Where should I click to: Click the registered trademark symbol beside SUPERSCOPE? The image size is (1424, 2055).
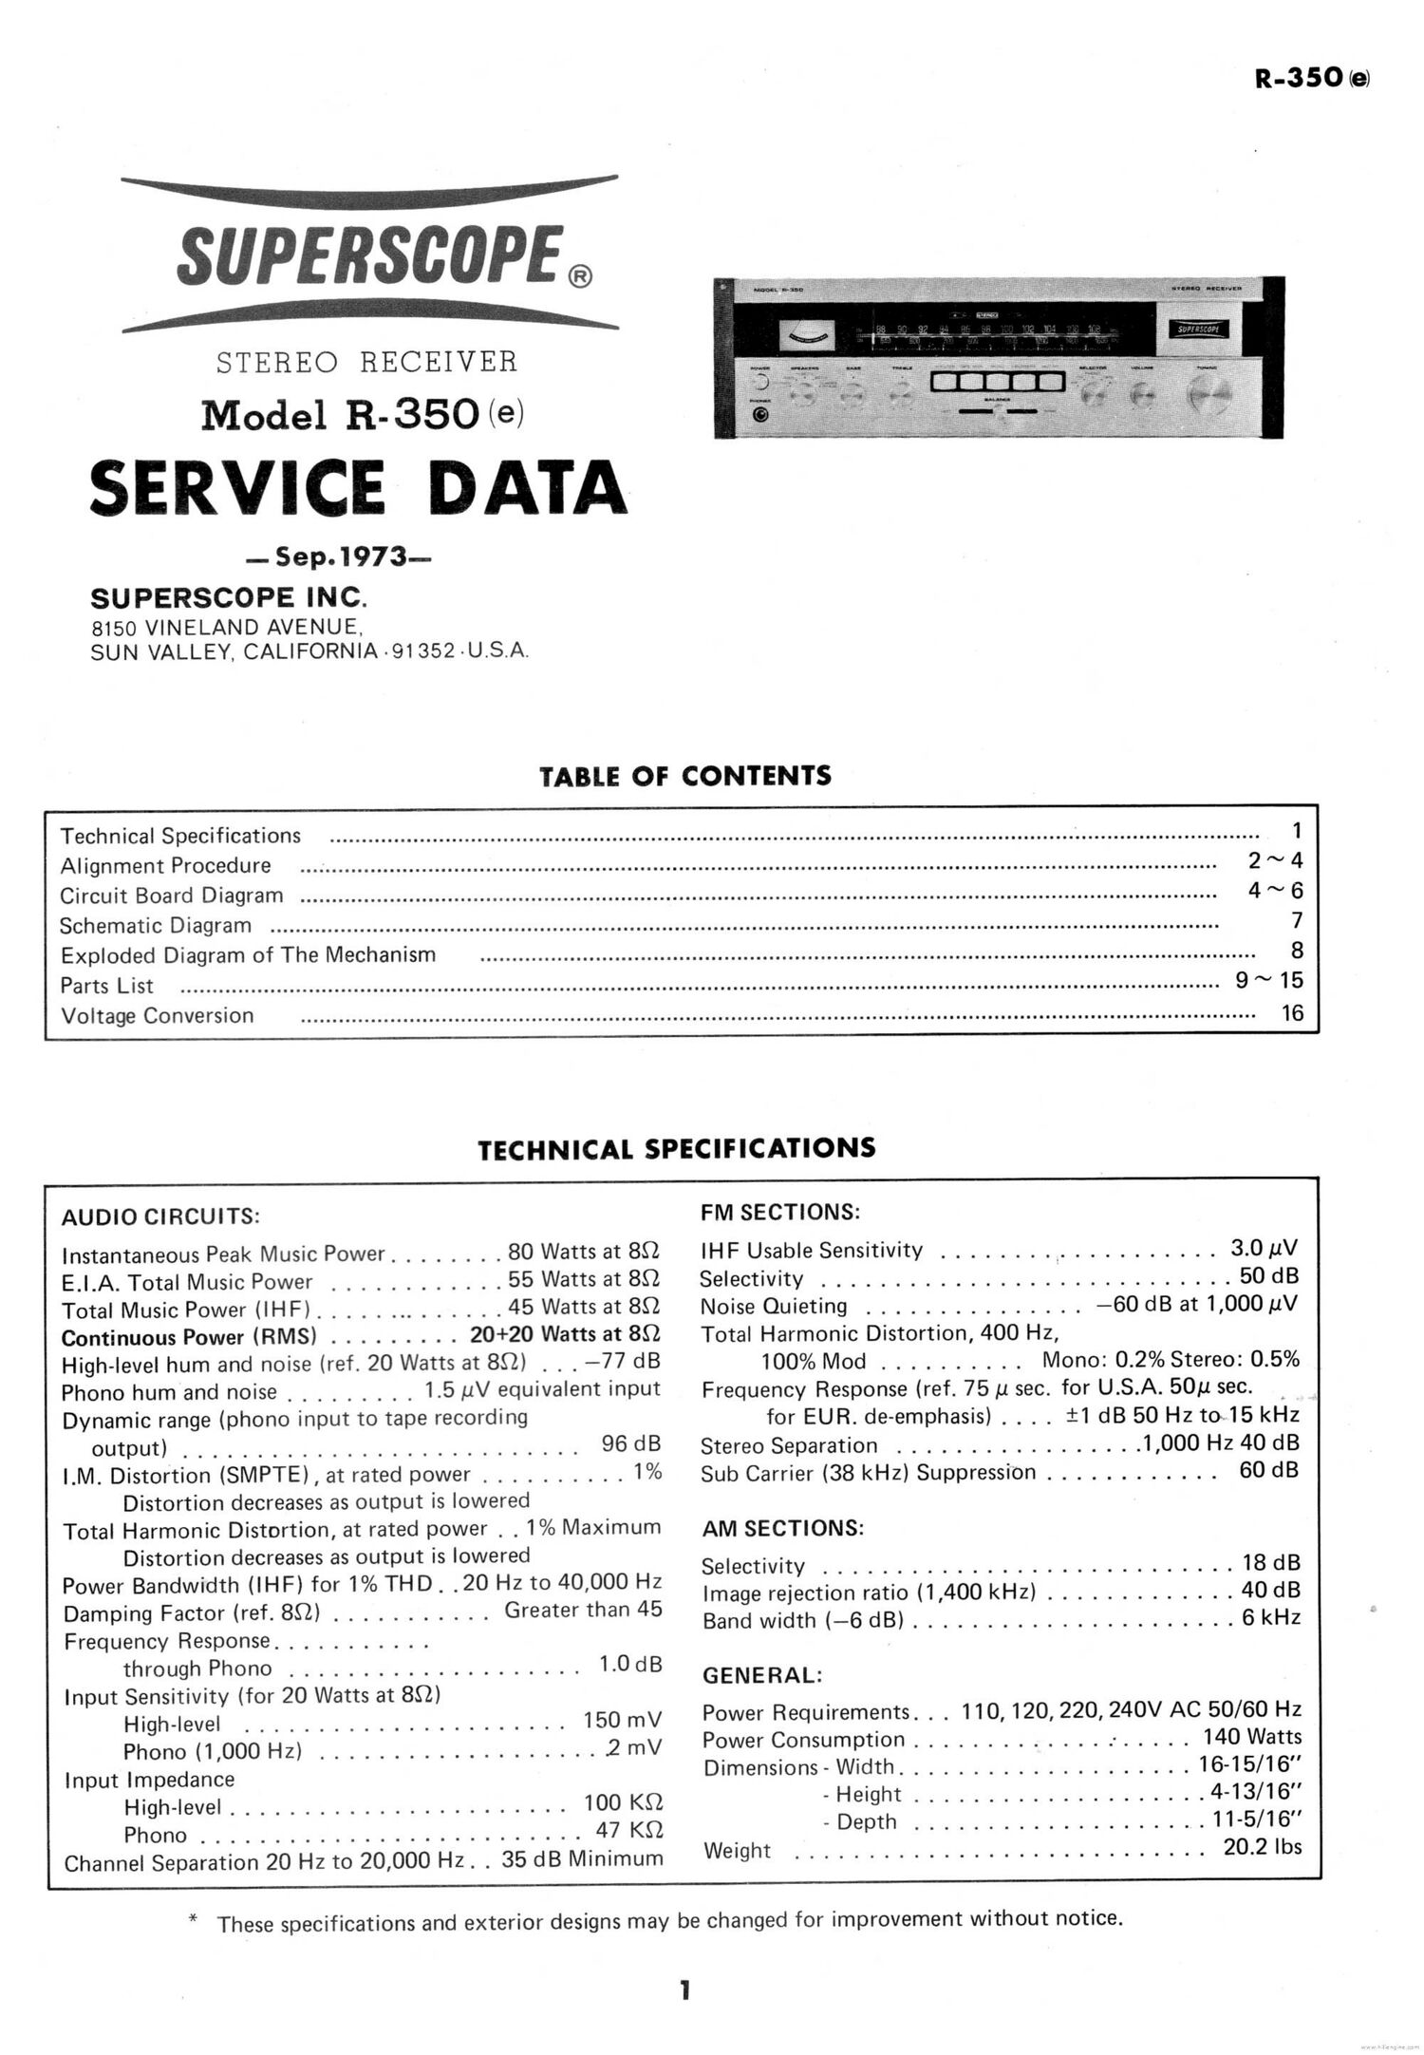coord(580,276)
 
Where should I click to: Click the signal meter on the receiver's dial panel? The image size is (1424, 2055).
coord(806,334)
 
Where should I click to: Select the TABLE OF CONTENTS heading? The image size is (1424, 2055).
coord(684,776)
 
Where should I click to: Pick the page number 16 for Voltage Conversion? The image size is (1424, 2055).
coord(1292,1012)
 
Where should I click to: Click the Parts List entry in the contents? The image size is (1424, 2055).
coord(106,986)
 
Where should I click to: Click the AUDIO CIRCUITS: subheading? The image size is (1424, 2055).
coord(160,1216)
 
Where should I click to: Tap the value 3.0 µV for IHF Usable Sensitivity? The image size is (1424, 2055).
coord(1265,1248)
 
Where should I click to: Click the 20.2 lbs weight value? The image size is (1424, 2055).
coord(1263,1846)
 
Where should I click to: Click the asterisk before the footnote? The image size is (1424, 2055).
coord(195,1920)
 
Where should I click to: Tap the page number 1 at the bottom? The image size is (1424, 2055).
coord(684,1989)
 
